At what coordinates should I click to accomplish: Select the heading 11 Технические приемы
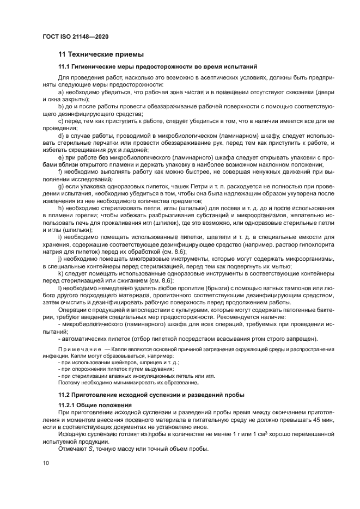coord(101,54)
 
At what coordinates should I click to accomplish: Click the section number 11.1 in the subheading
coord(65,67)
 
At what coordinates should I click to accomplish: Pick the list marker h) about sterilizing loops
coord(61,209)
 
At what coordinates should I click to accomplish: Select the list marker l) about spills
coord(60,287)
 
